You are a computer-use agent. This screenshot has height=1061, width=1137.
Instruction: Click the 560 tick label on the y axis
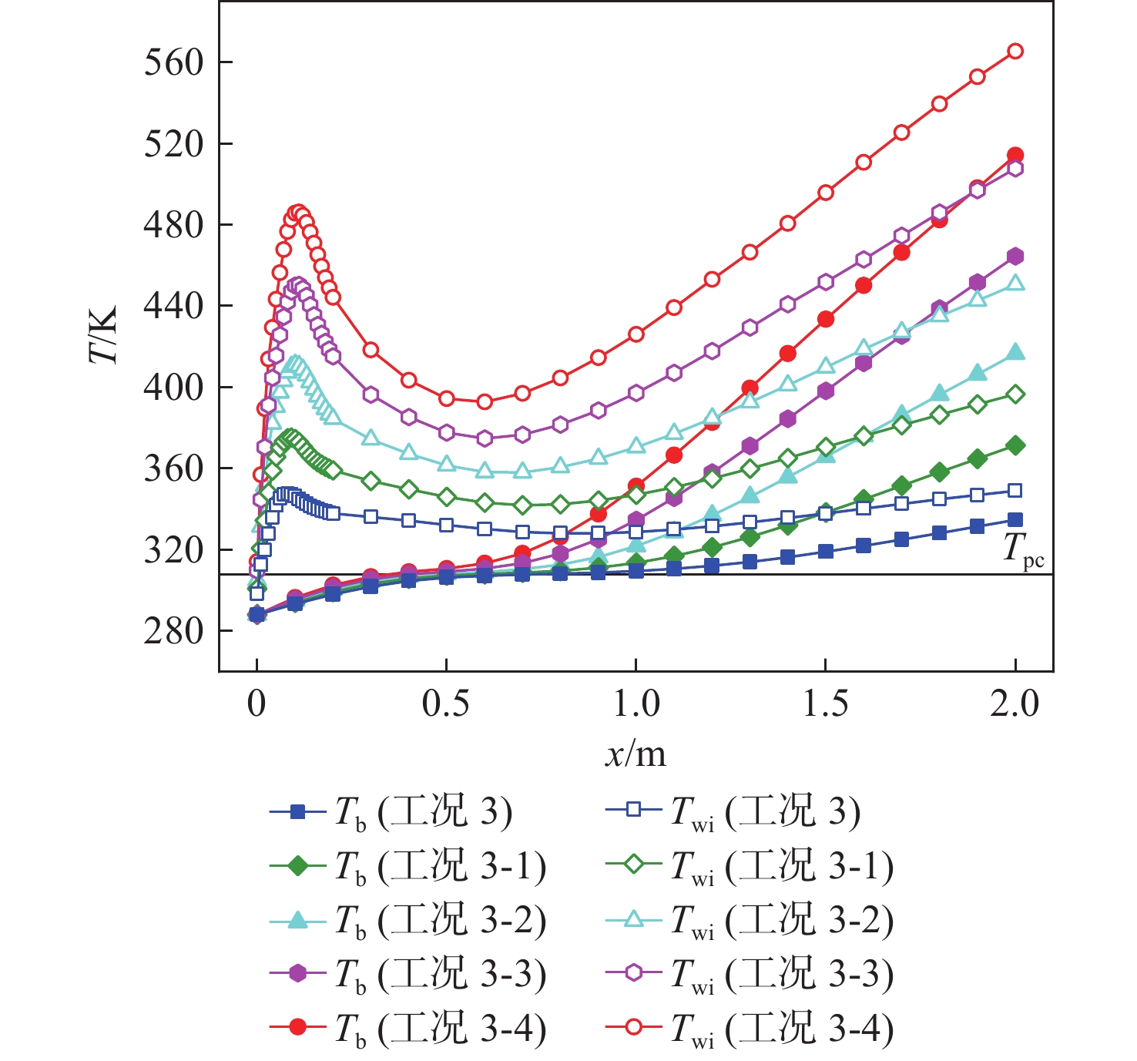[x=173, y=62]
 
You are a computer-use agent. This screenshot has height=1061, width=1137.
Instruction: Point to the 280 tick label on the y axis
[x=173, y=631]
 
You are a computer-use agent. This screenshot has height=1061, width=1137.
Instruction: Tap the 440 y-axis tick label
[x=173, y=306]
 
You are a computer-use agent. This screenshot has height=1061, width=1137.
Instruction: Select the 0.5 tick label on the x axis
[x=446, y=703]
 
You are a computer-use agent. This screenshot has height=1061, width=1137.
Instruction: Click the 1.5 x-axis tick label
[x=825, y=703]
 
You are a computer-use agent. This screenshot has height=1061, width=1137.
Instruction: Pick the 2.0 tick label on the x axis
[x=1015, y=703]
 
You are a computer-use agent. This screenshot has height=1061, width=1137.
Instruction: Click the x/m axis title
[x=636, y=754]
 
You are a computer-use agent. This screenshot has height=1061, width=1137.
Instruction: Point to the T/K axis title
[x=103, y=334]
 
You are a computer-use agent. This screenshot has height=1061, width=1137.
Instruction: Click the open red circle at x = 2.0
[x=1015, y=51]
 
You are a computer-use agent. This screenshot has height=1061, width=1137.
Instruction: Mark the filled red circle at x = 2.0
[x=1015, y=155]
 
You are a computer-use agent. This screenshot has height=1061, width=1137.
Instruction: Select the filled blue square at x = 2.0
[x=1015, y=520]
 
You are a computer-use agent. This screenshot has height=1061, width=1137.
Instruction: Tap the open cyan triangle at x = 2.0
[x=1015, y=283]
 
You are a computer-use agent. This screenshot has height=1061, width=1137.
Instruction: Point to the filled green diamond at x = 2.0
[x=1015, y=445]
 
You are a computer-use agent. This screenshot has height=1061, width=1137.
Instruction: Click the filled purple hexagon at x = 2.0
[x=1015, y=257]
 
